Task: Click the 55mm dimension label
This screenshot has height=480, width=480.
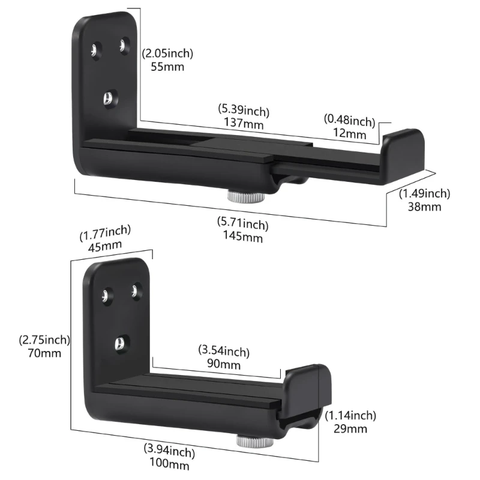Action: click(163, 67)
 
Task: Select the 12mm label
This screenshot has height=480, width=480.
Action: click(350, 134)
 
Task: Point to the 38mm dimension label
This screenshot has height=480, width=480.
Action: click(424, 207)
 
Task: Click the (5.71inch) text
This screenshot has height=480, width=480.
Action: click(242, 225)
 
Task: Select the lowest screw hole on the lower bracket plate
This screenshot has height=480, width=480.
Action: click(119, 343)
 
